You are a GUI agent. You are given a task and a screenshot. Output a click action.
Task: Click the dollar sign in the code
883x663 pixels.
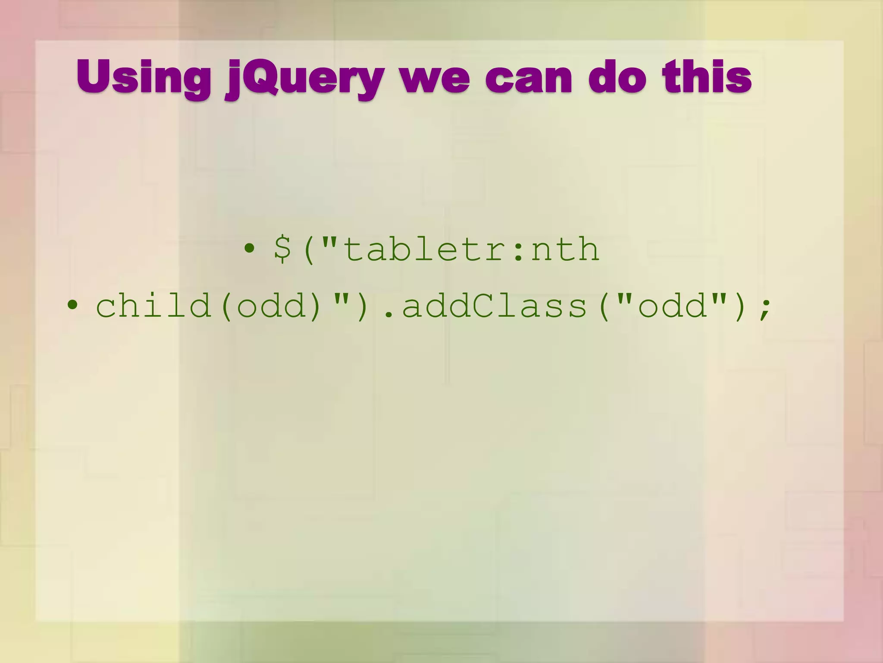coord(283,249)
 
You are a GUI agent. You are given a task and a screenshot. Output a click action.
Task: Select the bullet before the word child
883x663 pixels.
coord(72,306)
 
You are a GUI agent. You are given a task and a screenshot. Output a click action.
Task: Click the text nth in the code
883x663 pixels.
coord(564,249)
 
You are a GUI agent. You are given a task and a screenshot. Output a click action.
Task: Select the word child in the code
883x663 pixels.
coord(153,305)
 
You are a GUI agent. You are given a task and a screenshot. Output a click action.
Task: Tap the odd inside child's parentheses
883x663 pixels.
coord(271,306)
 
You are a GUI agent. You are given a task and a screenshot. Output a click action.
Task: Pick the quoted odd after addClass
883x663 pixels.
coord(673,306)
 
